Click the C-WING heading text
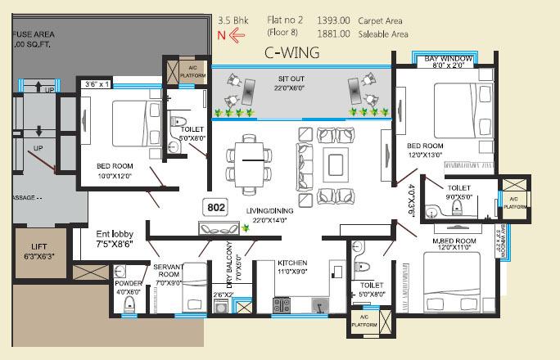click(291, 53)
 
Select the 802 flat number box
click(216, 208)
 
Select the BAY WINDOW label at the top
click(448, 59)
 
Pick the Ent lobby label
click(91, 234)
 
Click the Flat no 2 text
click(286, 19)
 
